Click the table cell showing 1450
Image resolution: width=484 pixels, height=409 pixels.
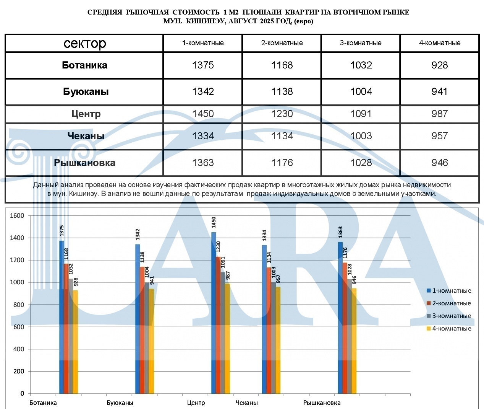click(x=203, y=114)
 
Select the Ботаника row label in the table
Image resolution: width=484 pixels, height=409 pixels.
click(x=84, y=65)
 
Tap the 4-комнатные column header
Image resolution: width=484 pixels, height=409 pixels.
click(x=440, y=43)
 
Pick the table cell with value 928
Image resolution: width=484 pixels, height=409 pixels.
click(x=440, y=65)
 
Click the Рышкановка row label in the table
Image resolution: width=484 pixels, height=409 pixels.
click(x=84, y=163)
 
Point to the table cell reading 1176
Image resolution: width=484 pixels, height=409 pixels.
click(x=282, y=163)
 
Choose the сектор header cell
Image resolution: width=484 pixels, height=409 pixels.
click(x=84, y=43)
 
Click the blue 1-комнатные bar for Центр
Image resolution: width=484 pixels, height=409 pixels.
click(x=214, y=314)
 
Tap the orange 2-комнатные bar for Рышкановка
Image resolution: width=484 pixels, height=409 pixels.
click(x=345, y=329)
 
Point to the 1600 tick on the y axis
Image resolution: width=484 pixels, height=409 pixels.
click(x=17, y=216)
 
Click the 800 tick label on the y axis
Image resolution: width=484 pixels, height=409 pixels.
click(x=17, y=305)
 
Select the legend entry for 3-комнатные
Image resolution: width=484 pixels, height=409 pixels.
click(x=449, y=316)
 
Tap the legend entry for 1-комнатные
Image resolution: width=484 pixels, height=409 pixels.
click(x=449, y=291)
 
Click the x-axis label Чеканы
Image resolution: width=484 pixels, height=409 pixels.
click(x=247, y=402)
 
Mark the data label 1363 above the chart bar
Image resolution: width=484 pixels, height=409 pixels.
click(x=340, y=232)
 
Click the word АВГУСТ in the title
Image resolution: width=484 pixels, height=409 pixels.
click(x=243, y=21)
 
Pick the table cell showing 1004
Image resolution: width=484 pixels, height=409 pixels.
click(x=361, y=91)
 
